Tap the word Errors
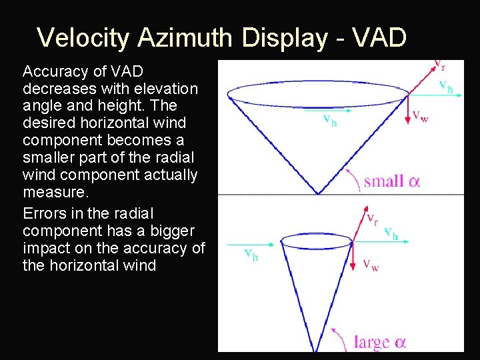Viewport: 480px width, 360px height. coord(43,213)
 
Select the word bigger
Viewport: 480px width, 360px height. coord(171,231)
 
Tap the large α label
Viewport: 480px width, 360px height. coord(379,343)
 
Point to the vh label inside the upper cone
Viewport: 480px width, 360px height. coord(329,121)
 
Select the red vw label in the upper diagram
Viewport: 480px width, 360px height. coord(420,115)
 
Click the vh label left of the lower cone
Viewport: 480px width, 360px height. coord(250,254)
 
